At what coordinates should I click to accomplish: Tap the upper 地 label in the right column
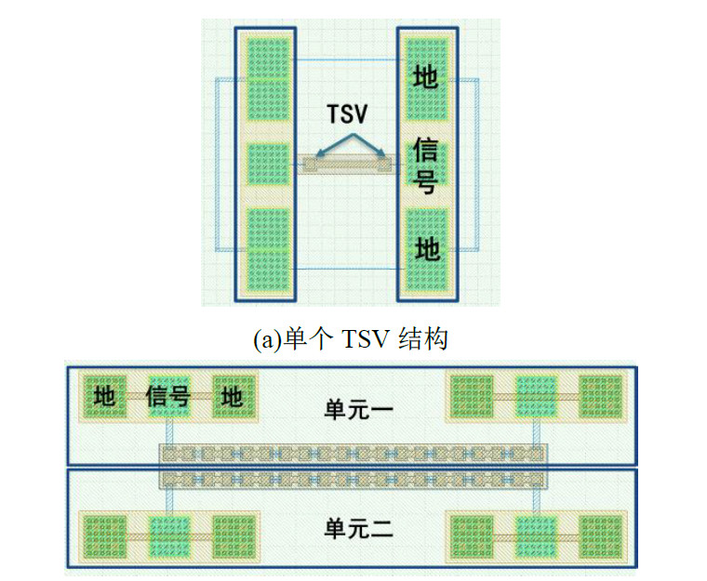click(425, 76)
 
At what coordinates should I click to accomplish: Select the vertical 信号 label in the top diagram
click(425, 166)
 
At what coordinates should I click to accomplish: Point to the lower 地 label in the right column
click(425, 248)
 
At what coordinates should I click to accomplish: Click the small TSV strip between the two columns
click(349, 165)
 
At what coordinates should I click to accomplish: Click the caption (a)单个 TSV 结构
click(350, 339)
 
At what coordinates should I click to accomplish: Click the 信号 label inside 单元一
click(168, 398)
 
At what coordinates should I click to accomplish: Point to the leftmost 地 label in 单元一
click(105, 398)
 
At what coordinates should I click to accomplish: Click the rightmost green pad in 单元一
click(600, 396)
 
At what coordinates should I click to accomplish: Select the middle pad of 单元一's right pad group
click(537, 396)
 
